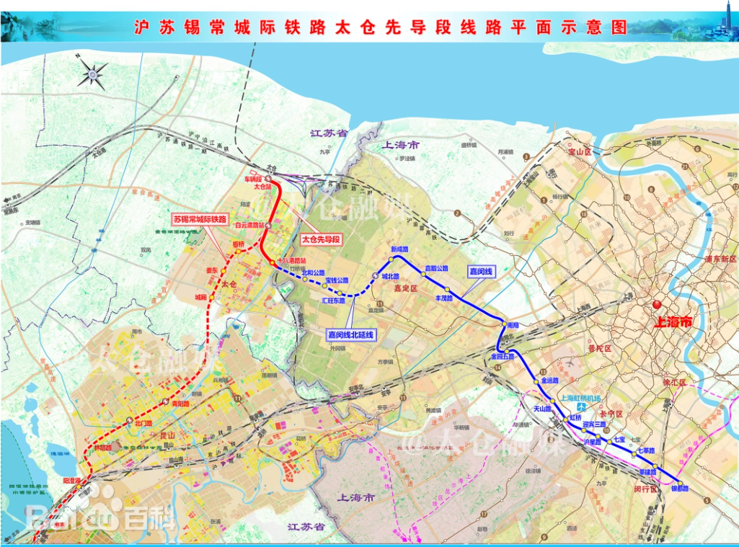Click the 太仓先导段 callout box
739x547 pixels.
click(x=320, y=239)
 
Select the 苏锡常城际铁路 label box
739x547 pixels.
click(x=200, y=218)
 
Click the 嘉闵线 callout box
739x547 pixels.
click(x=480, y=272)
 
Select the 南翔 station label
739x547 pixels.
click(x=513, y=326)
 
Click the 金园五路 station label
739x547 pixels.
click(x=503, y=356)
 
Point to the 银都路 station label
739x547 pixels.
click(x=680, y=489)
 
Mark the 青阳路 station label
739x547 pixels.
click(x=179, y=404)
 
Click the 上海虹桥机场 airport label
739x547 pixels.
click(x=582, y=397)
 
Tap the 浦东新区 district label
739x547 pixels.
click(x=723, y=259)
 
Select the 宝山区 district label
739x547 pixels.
click(x=579, y=153)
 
